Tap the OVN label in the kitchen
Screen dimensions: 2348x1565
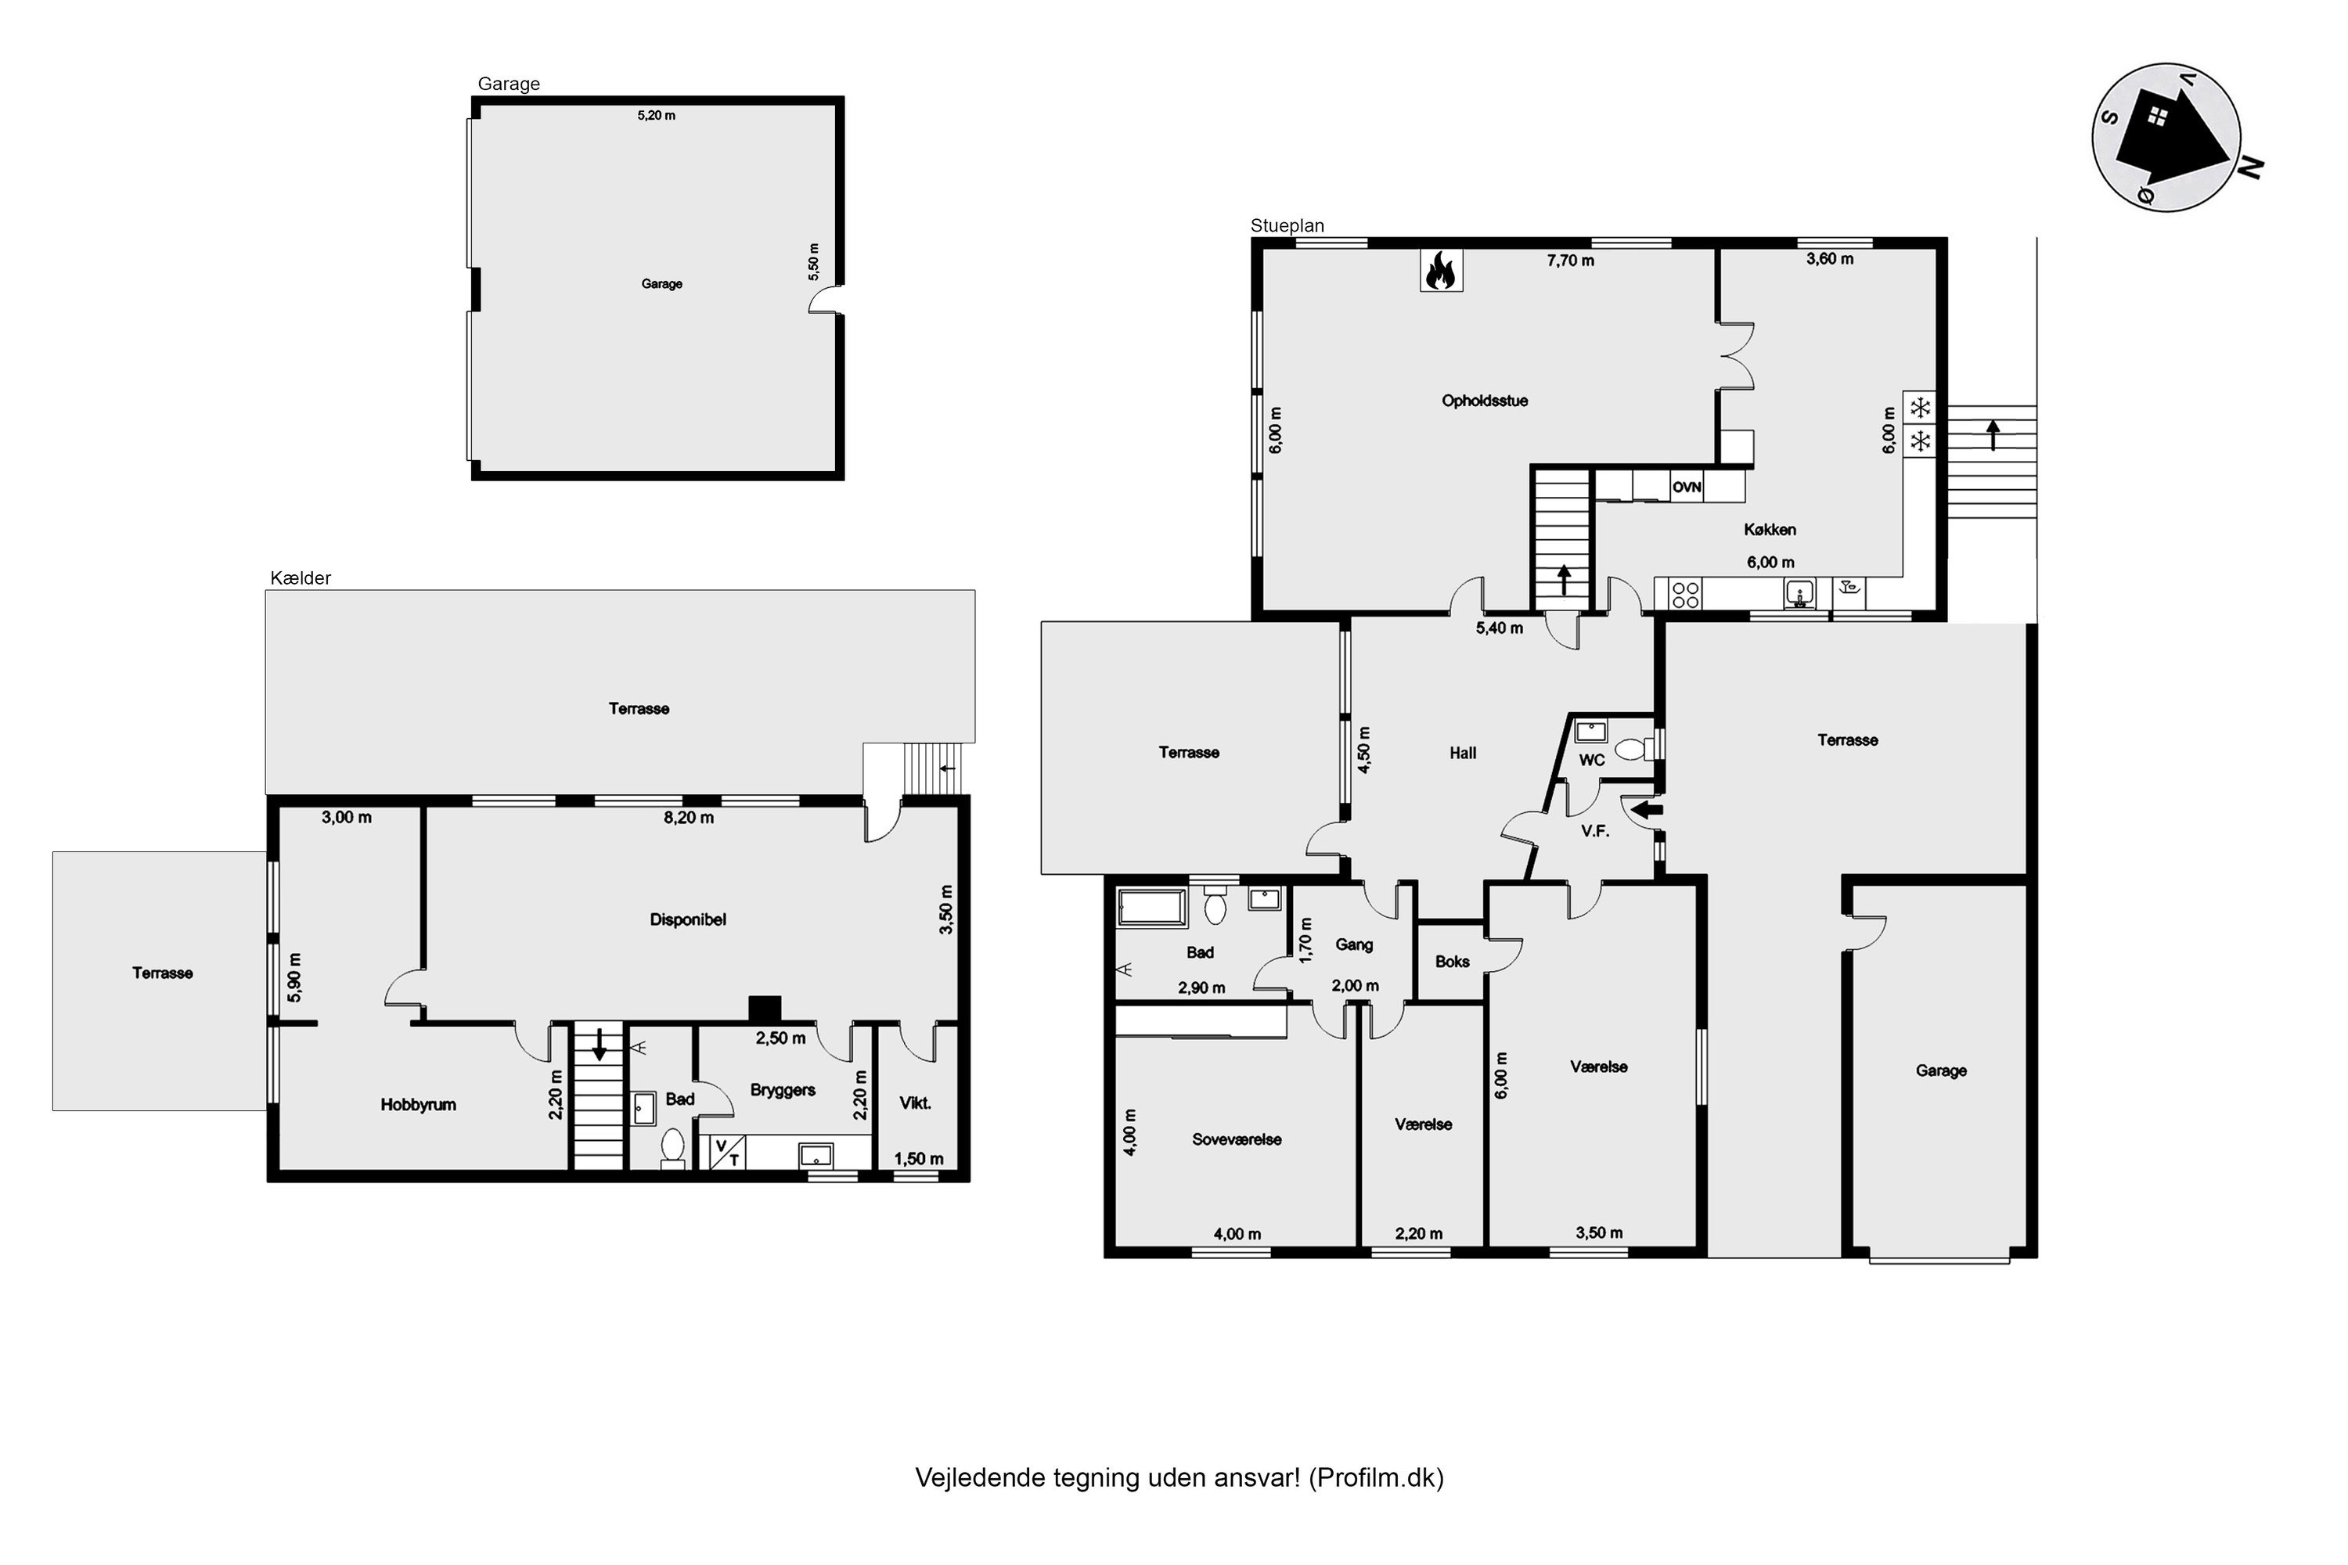click(x=1687, y=487)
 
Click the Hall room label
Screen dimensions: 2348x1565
click(x=1463, y=754)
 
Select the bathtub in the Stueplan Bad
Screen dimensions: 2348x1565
click(x=1152, y=907)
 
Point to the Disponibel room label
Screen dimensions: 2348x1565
click(x=688, y=919)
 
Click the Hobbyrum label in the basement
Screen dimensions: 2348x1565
click(x=418, y=1104)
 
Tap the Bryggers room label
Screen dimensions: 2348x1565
click(x=783, y=1090)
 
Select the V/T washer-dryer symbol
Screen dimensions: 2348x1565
click(x=728, y=1153)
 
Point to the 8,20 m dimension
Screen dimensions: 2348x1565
click(x=689, y=818)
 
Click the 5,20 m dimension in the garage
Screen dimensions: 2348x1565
click(x=656, y=116)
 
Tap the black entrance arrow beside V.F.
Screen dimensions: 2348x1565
click(x=1648, y=811)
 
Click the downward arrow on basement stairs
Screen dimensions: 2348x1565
click(x=600, y=1044)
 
